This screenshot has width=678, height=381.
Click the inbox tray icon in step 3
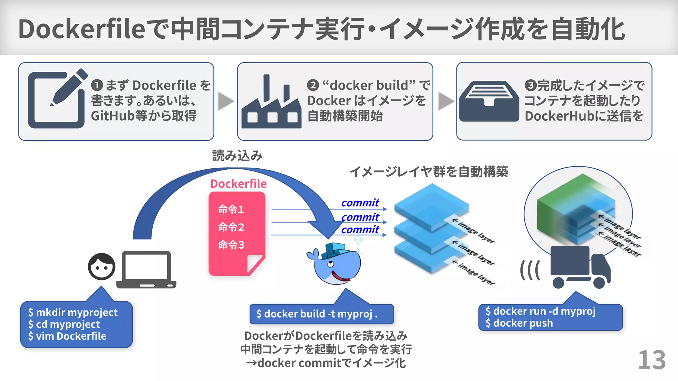point(489,101)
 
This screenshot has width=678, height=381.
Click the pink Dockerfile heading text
point(238,184)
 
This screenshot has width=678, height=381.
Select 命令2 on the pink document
point(231,227)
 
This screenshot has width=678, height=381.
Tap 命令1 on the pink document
point(231,209)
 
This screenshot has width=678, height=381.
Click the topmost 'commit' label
point(360,203)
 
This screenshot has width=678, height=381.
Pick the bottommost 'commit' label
point(360,230)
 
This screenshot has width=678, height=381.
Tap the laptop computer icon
point(146,270)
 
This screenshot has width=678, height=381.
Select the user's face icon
point(102,267)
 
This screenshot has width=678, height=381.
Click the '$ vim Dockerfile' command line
point(68,336)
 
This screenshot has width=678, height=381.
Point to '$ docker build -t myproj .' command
point(317,314)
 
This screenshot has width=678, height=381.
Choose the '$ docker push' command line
point(519,323)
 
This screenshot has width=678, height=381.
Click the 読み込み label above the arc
point(237,155)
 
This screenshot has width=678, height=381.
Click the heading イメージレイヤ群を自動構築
point(429,172)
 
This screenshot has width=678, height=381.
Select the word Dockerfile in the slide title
point(81,29)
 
